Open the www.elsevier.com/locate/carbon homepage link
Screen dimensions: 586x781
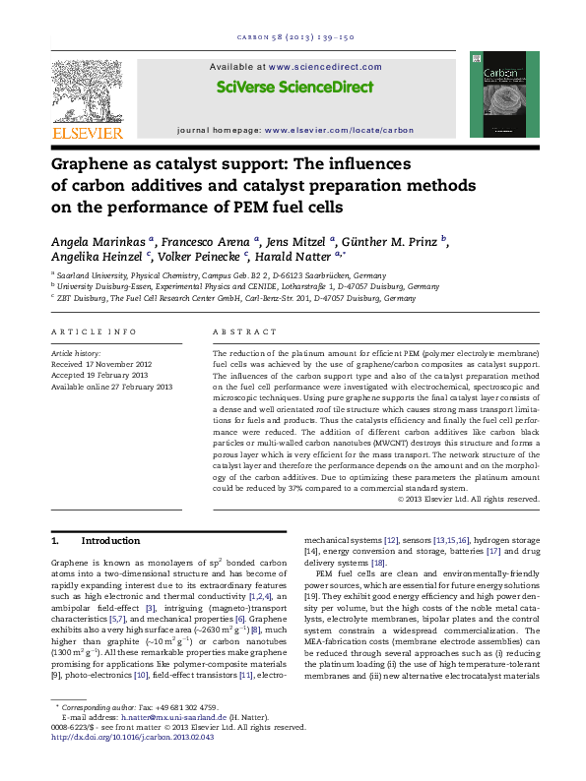click(339, 130)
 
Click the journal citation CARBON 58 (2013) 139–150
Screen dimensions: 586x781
click(293, 38)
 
